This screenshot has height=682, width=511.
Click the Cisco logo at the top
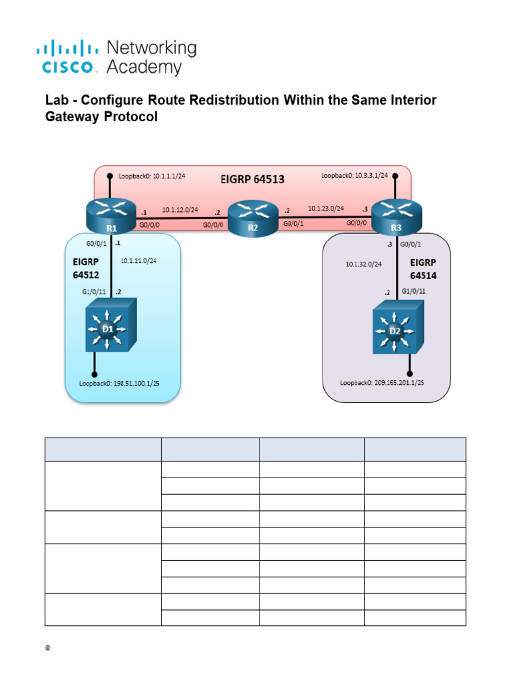[116, 57]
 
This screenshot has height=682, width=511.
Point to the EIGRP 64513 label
[252, 179]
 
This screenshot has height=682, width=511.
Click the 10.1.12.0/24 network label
[180, 209]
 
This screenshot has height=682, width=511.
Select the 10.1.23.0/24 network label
[325, 208]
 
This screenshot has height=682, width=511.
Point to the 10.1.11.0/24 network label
[139, 260]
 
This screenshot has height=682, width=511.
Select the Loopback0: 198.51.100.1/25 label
[123, 384]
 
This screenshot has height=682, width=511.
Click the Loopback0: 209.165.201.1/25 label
[382, 383]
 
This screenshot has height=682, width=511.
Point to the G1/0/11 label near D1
[94, 292]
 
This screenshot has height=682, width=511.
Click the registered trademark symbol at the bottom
[49, 649]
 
